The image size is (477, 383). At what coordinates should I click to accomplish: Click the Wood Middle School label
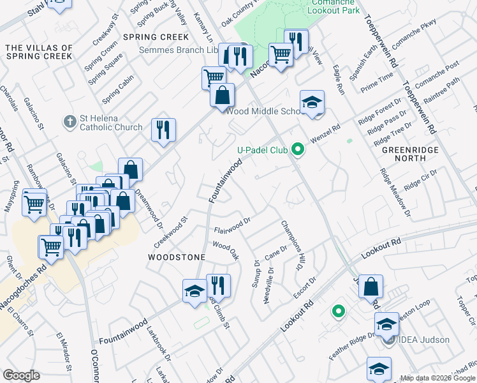point(263,111)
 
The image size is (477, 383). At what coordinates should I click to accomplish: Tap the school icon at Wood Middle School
point(312,102)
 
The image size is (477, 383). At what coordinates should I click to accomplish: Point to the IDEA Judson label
point(426,340)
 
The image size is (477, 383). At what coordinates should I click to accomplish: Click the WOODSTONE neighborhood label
point(177,257)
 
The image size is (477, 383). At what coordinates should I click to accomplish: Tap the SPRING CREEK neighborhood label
point(156,37)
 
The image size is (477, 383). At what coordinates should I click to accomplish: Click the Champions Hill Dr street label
point(291,246)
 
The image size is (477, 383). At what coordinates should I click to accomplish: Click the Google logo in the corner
point(21,375)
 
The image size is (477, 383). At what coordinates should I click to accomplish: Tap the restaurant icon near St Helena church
point(163,130)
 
